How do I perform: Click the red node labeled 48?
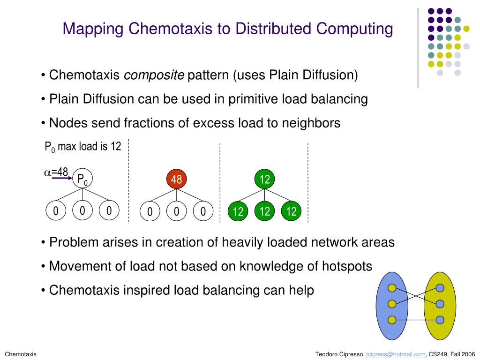point(176,179)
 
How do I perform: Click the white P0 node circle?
point(83,178)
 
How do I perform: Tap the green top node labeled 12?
point(265,179)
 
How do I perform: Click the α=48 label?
point(56,172)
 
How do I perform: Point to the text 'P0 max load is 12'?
point(82,147)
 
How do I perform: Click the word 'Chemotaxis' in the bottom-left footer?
point(21,354)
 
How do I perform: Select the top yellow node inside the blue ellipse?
point(392,288)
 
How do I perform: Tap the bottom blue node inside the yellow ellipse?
point(440,320)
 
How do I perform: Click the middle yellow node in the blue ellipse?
point(392,304)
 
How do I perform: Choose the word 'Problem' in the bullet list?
point(74,242)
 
